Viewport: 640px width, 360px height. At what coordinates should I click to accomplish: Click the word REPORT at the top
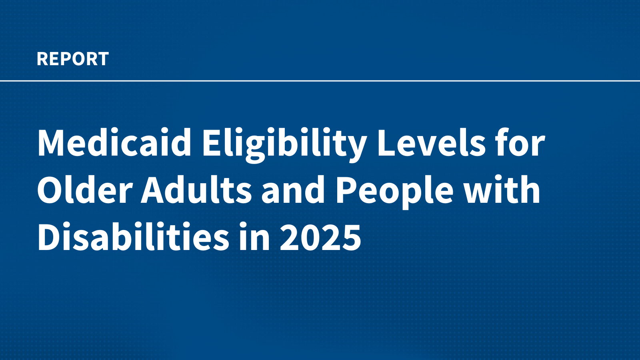(x=72, y=59)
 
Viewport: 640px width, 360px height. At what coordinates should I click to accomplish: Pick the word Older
(x=84, y=190)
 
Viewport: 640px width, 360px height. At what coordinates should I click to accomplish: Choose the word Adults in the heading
(x=196, y=190)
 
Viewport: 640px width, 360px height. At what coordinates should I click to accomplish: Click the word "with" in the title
(x=502, y=190)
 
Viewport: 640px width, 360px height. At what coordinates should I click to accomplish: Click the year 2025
(x=320, y=238)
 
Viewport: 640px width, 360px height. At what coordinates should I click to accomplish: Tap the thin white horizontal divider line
(x=320, y=81)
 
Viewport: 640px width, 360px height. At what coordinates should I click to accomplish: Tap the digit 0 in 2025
(x=310, y=238)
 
